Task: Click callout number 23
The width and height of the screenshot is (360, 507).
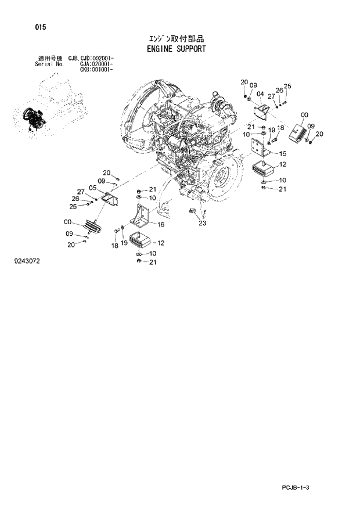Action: point(202,222)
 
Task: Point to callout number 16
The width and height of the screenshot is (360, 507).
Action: point(160,224)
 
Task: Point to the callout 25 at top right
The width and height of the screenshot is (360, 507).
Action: point(287,87)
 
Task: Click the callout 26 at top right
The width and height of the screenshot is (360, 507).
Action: point(279,90)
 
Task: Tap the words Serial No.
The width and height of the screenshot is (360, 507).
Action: point(49,64)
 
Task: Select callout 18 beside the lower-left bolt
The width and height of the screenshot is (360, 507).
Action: point(115,246)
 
